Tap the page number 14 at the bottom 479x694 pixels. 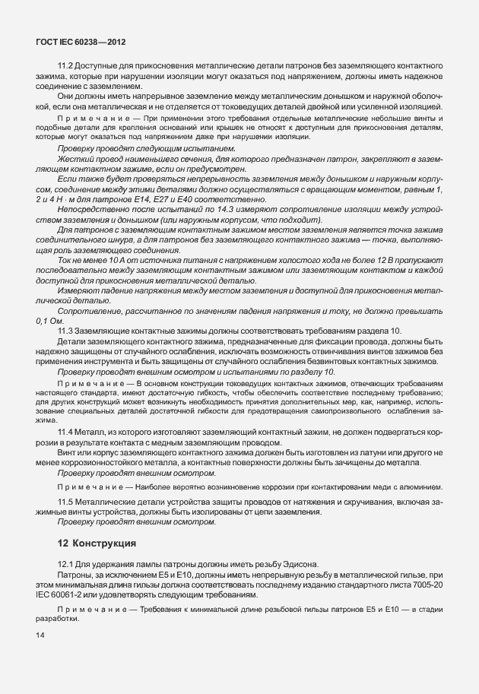click(40, 635)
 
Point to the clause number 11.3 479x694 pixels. click(65, 331)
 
